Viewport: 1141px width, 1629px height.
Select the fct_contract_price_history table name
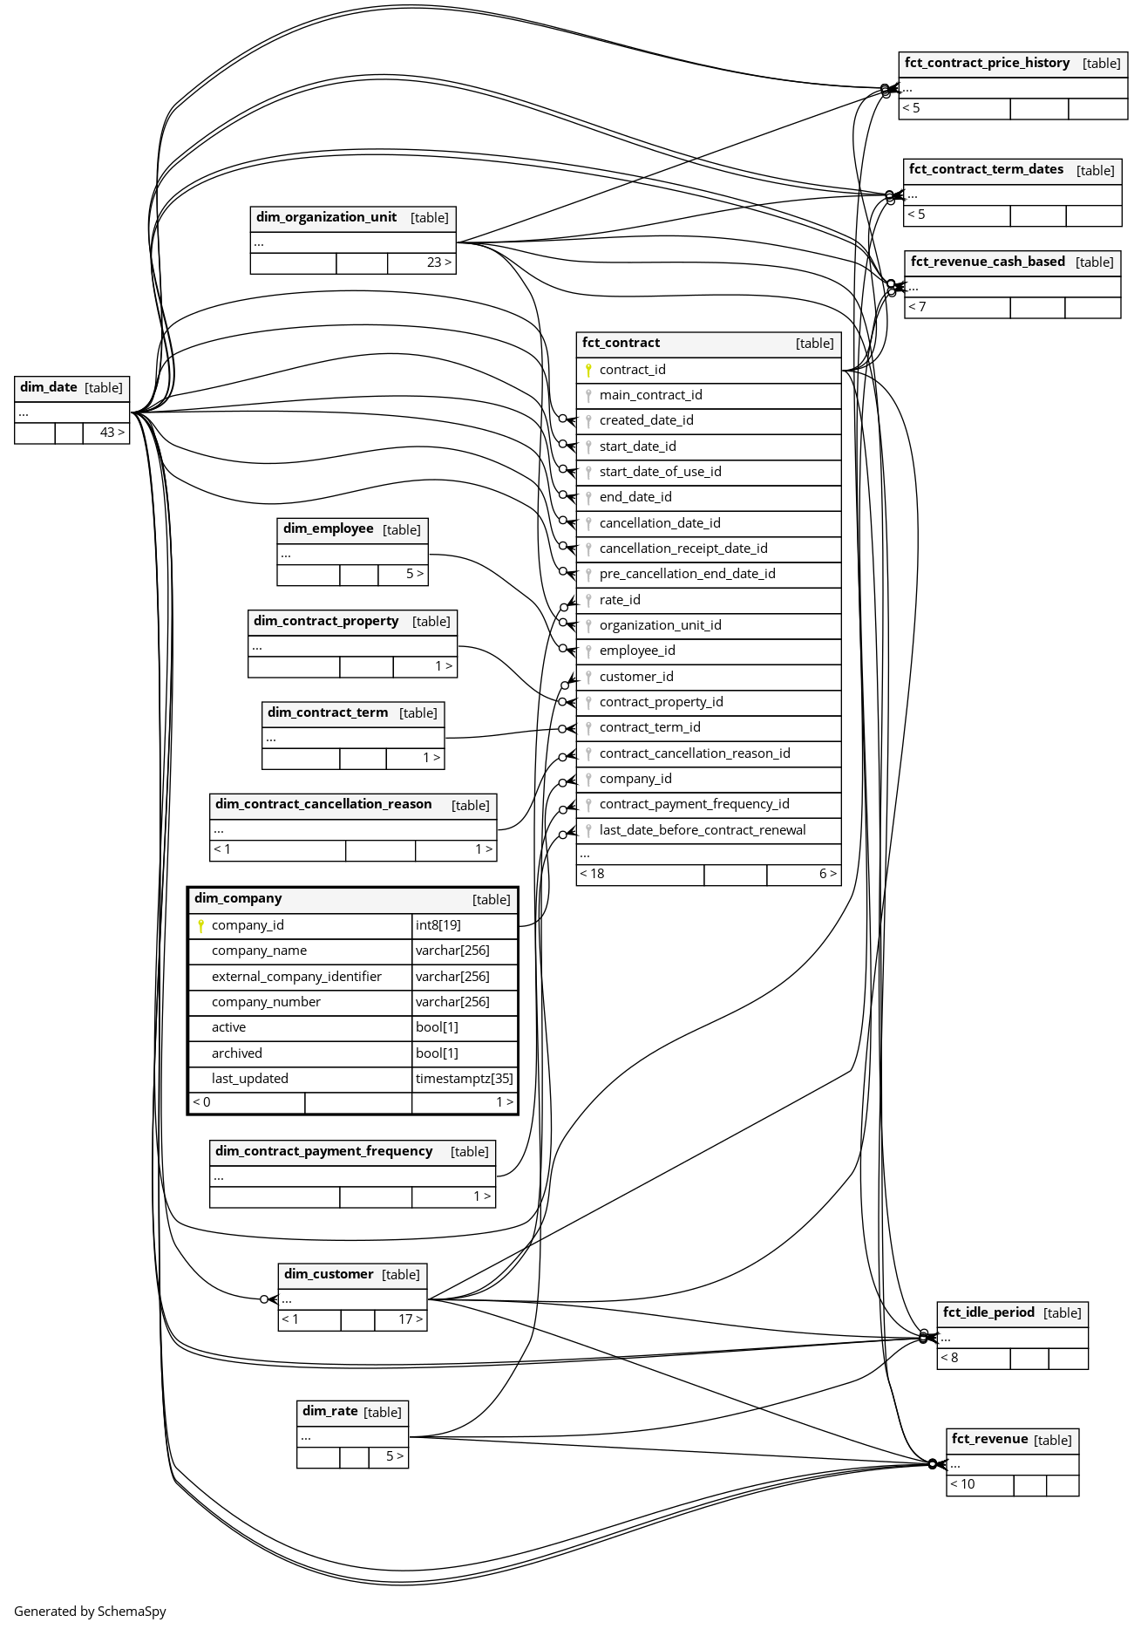(x=987, y=63)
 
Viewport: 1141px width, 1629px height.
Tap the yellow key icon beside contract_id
(x=588, y=370)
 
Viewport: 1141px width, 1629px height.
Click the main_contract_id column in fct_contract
(x=650, y=395)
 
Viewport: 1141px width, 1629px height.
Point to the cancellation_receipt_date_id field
(x=683, y=549)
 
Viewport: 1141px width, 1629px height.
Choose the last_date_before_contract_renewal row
(x=702, y=830)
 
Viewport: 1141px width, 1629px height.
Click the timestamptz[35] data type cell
(x=464, y=1079)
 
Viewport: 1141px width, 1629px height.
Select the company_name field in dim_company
(x=259, y=951)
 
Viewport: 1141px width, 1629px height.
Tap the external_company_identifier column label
(x=296, y=977)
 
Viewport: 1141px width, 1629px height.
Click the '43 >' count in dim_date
(x=112, y=433)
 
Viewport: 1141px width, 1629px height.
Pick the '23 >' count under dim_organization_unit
(x=438, y=262)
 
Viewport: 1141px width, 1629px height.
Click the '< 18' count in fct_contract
(x=592, y=874)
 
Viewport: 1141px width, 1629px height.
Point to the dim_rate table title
(x=329, y=1411)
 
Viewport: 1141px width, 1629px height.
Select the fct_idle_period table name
(x=988, y=1312)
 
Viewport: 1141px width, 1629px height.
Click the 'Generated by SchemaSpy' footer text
(x=90, y=1612)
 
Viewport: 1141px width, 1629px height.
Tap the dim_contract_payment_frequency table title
(x=323, y=1151)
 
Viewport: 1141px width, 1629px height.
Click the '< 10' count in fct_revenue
(x=962, y=1484)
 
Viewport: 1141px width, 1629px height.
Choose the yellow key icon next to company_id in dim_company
(x=200, y=925)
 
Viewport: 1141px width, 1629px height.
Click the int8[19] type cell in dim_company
(x=438, y=925)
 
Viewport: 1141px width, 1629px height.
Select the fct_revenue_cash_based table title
(x=988, y=262)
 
